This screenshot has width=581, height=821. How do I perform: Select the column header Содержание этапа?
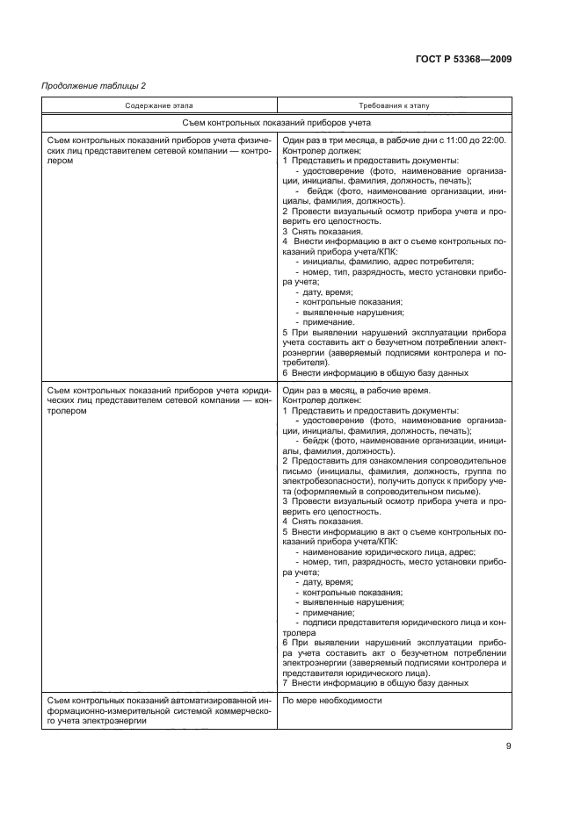click(159, 105)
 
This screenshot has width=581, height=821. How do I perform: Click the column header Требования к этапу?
click(394, 105)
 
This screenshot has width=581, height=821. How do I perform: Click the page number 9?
click(509, 746)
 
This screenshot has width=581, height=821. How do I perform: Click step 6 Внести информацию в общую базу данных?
click(375, 372)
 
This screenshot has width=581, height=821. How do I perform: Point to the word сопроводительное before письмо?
click(470, 460)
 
